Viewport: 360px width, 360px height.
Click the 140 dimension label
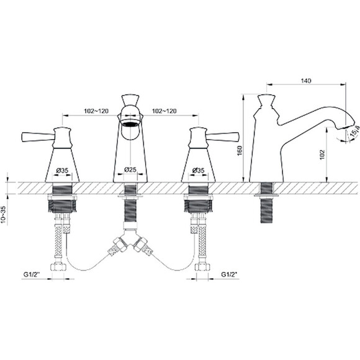306,81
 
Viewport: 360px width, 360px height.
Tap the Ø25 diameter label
130,169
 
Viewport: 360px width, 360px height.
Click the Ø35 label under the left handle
62,170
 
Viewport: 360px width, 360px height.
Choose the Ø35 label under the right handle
198,170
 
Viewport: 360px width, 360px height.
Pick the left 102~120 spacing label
96,111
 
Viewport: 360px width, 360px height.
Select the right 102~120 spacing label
164,111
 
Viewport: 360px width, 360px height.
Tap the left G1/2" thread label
32,274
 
